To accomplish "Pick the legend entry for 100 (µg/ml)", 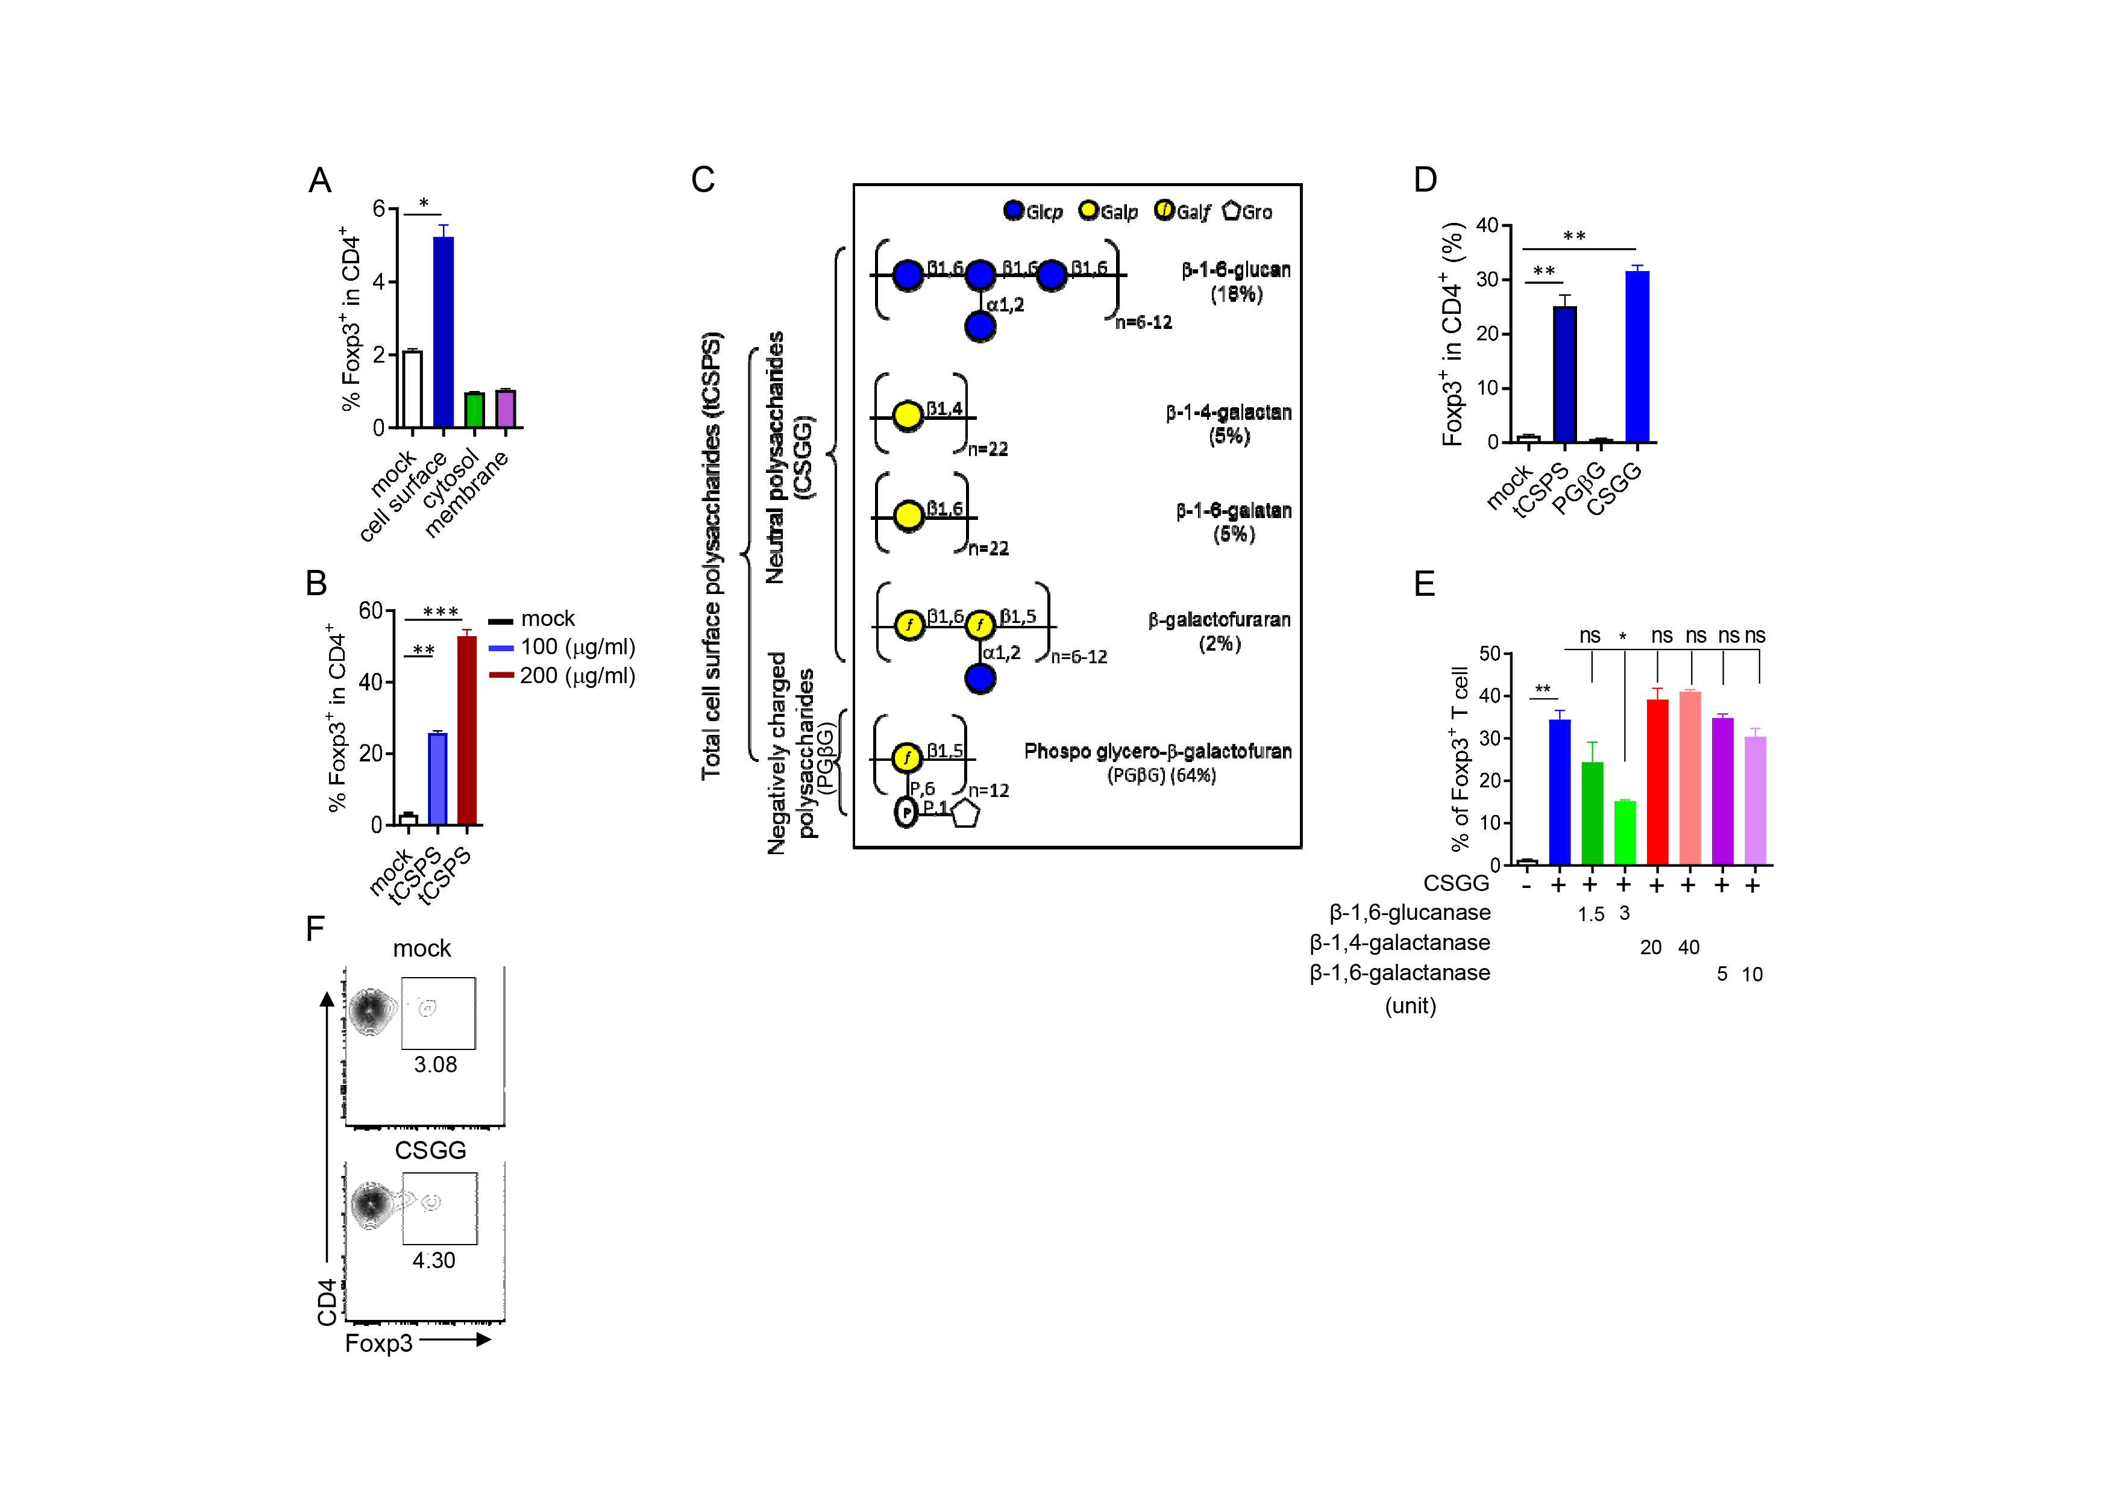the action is click(562, 647).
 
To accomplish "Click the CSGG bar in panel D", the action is click(1637, 356).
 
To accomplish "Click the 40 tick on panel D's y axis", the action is click(1487, 225).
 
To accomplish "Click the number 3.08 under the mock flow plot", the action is click(436, 1065).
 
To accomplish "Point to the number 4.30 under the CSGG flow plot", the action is click(434, 1260).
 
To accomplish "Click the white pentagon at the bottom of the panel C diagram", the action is click(964, 814).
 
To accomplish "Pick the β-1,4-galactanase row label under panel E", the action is click(1399, 943).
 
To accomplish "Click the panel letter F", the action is click(315, 929).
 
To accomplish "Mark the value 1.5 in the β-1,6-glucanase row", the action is click(1591, 914).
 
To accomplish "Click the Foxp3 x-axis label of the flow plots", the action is click(378, 1343).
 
